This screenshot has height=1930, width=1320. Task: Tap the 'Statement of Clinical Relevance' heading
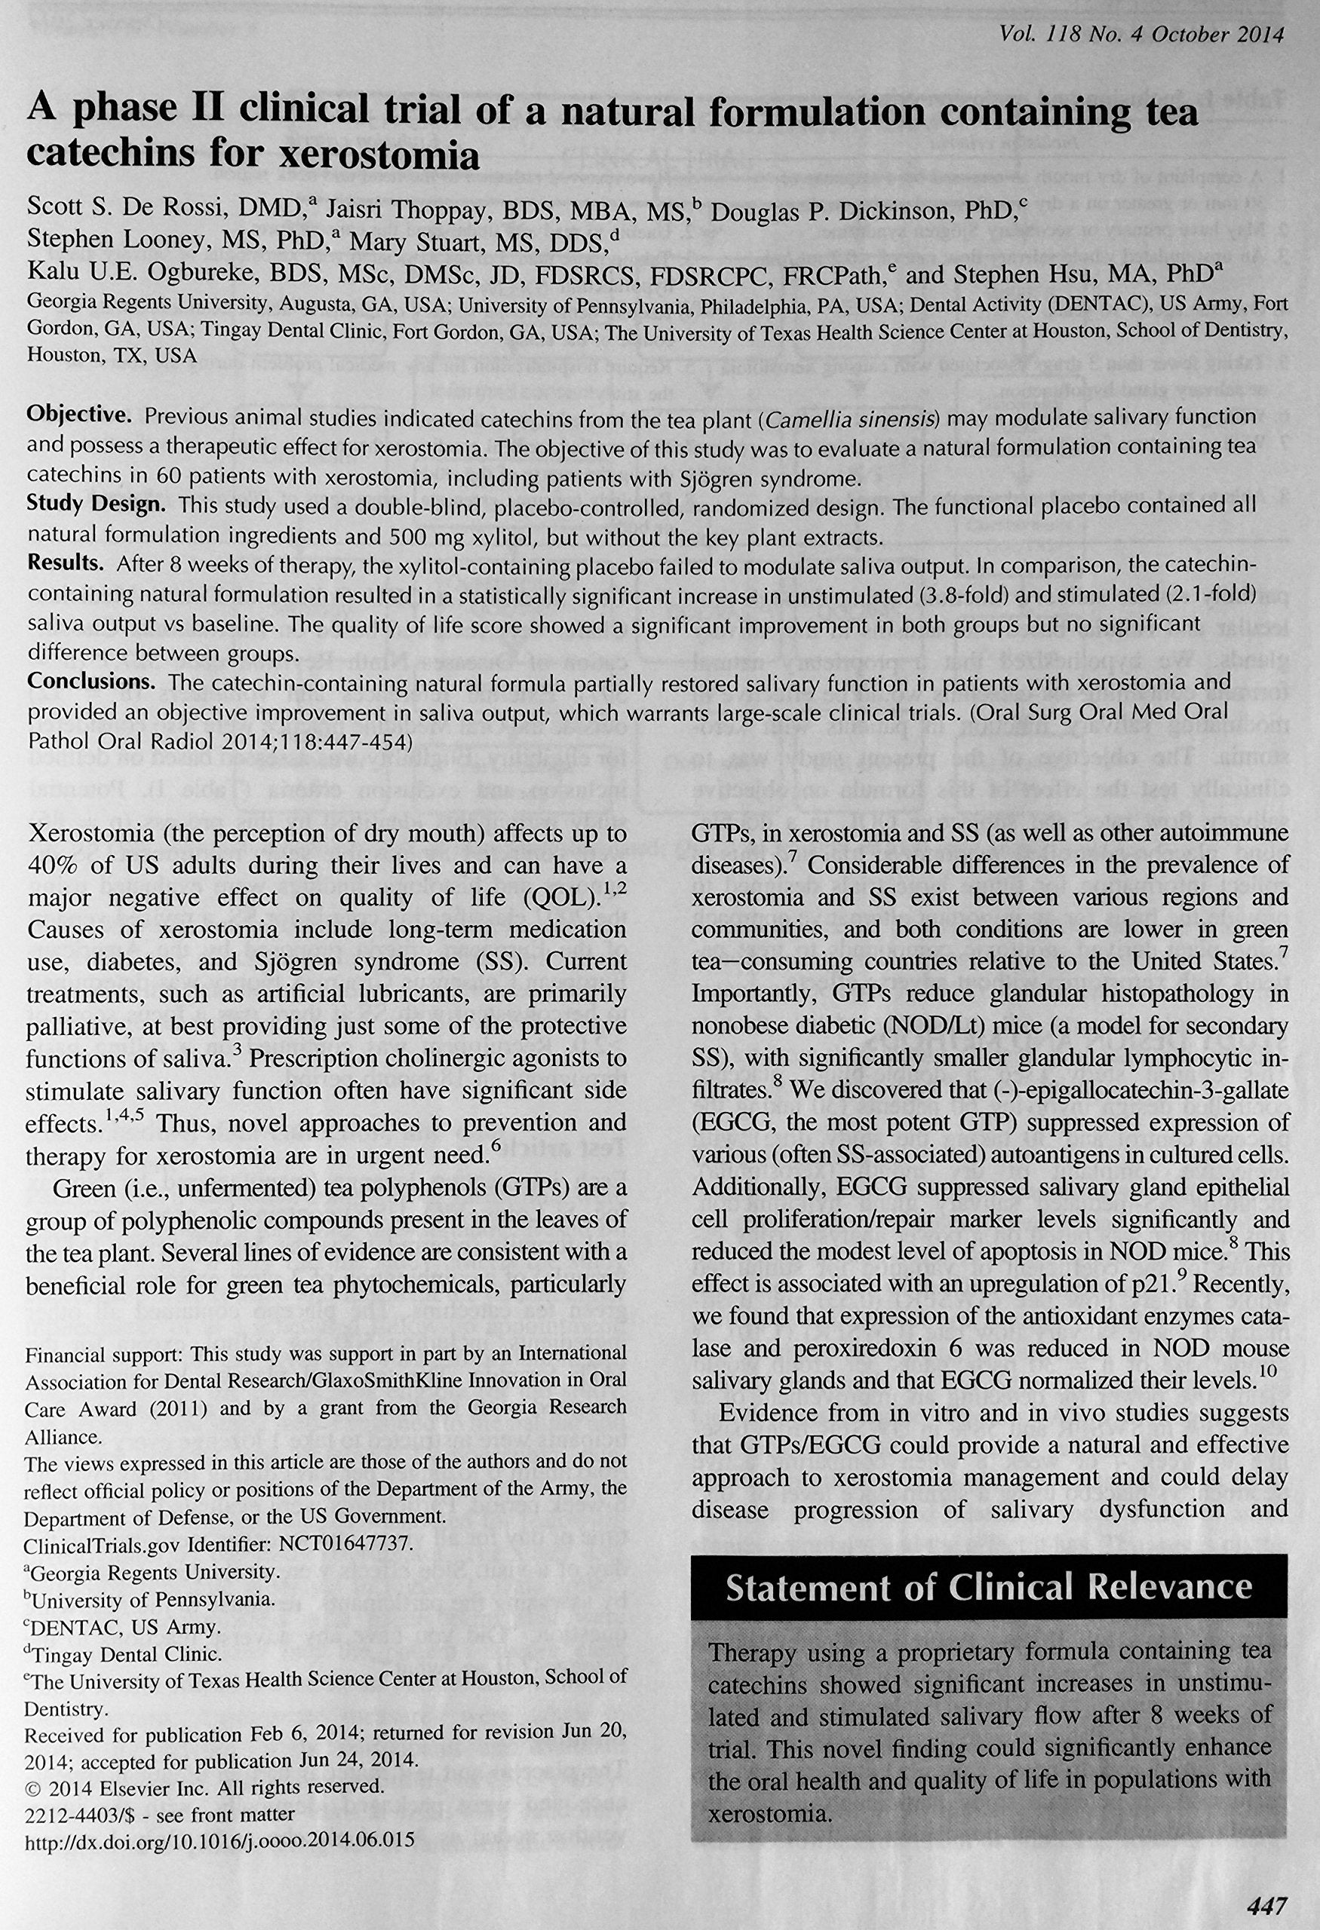click(x=989, y=1587)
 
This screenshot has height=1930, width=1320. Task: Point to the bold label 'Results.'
click(x=66, y=562)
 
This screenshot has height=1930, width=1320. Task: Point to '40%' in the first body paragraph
click(x=55, y=865)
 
